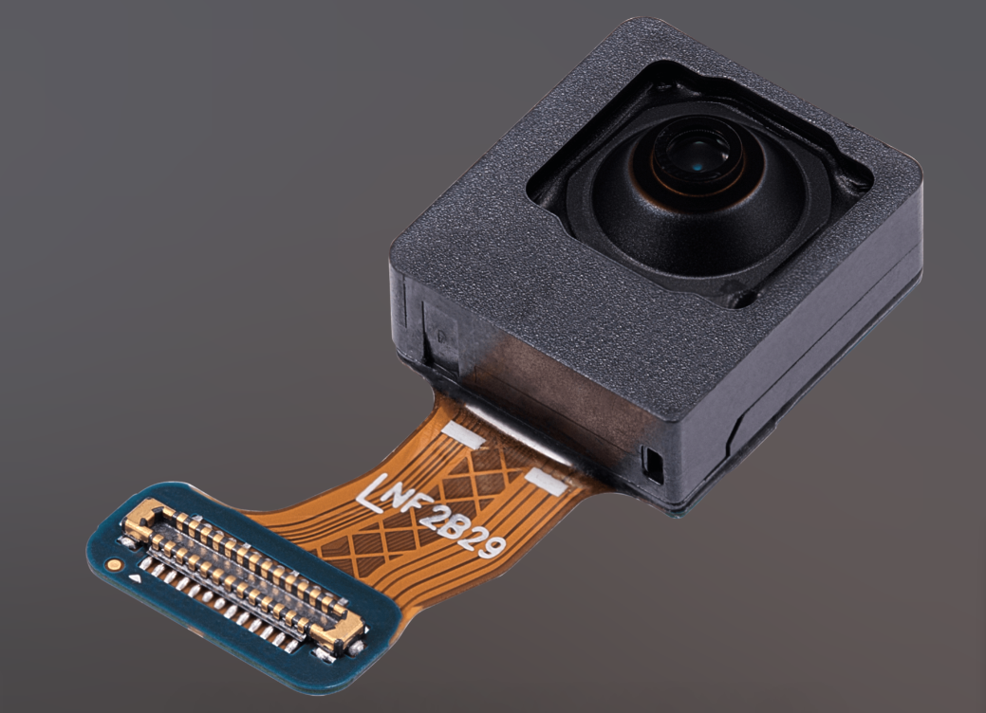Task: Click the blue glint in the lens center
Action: [699, 167]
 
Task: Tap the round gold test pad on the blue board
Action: [113, 564]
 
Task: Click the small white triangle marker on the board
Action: [134, 578]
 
